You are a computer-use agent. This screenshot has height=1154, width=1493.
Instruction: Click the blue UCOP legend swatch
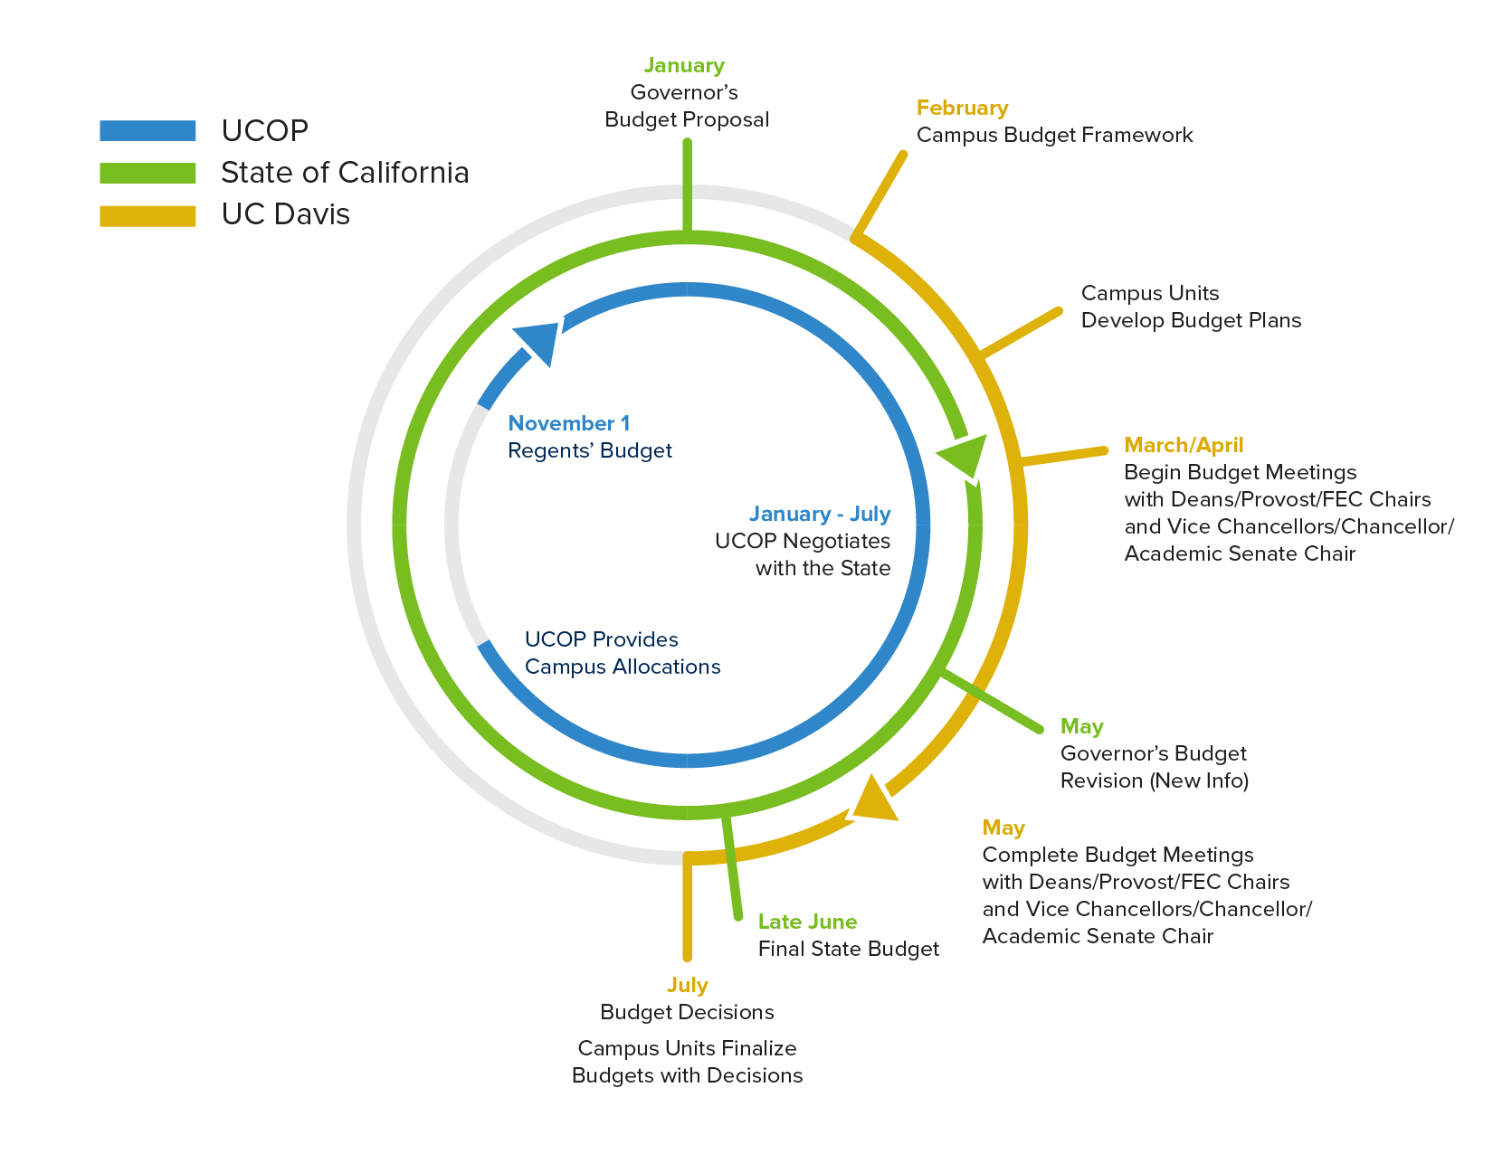(x=147, y=130)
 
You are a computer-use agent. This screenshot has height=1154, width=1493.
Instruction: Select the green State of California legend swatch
(x=147, y=173)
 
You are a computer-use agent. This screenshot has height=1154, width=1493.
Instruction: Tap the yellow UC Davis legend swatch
(x=147, y=215)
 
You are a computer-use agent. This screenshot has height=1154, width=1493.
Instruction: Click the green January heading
(x=684, y=66)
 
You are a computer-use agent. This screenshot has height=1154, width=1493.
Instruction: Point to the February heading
(x=962, y=109)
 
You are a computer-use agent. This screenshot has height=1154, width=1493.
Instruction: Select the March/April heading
(x=1184, y=445)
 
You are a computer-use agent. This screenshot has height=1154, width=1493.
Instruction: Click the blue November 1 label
(x=569, y=423)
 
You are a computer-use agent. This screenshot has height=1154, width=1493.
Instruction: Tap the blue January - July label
(x=820, y=515)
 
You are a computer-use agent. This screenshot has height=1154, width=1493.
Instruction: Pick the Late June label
(x=807, y=922)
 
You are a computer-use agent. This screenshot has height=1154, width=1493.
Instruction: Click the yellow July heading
(x=687, y=985)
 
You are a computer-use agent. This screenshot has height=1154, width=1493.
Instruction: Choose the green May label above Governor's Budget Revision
(x=1081, y=726)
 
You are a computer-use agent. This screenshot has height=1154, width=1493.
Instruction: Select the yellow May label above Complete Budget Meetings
(x=1003, y=828)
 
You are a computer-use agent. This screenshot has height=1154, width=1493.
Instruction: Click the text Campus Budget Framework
(x=1054, y=136)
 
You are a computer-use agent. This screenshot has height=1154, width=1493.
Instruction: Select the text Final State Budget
(x=848, y=949)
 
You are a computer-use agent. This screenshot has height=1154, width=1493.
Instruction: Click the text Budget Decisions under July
(x=687, y=1012)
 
